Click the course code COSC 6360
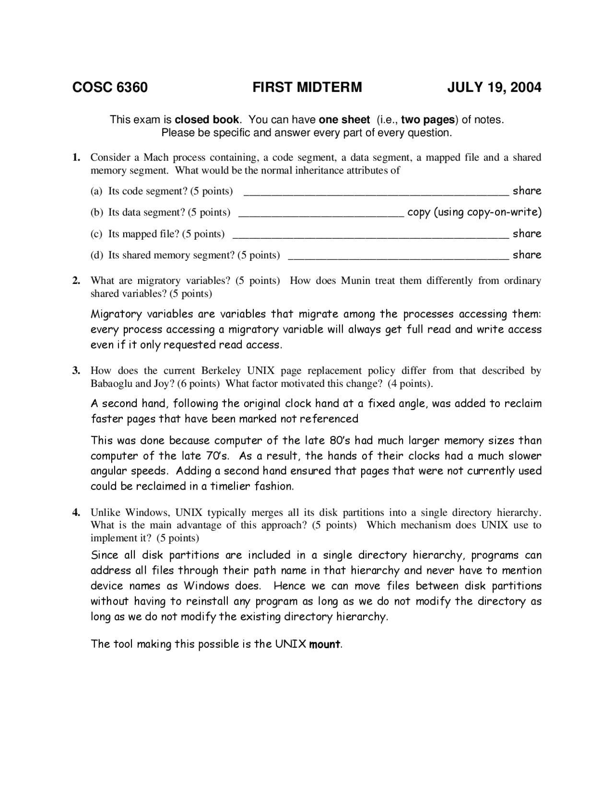[x=110, y=88]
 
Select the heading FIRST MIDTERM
[x=307, y=88]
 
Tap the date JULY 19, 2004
[x=494, y=88]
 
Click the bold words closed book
[x=207, y=120]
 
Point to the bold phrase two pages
[x=427, y=120]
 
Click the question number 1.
[x=75, y=158]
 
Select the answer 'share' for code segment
[x=527, y=191]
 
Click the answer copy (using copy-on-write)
[x=474, y=212]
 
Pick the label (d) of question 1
[x=97, y=255]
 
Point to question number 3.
[x=75, y=371]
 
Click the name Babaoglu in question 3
[x=111, y=384]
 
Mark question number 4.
[x=75, y=513]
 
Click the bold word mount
[x=325, y=644]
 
